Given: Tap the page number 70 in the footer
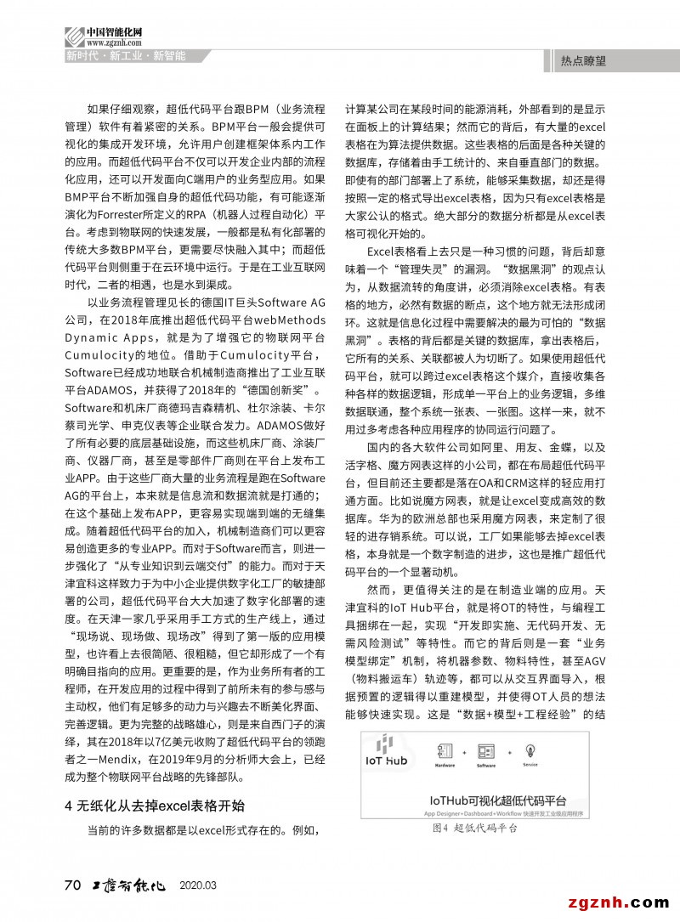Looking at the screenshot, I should tap(72, 885).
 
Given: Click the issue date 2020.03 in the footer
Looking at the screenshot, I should tap(199, 885).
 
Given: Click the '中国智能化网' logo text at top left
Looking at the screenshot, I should tap(114, 32).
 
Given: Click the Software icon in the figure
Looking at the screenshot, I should tap(486, 752).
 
